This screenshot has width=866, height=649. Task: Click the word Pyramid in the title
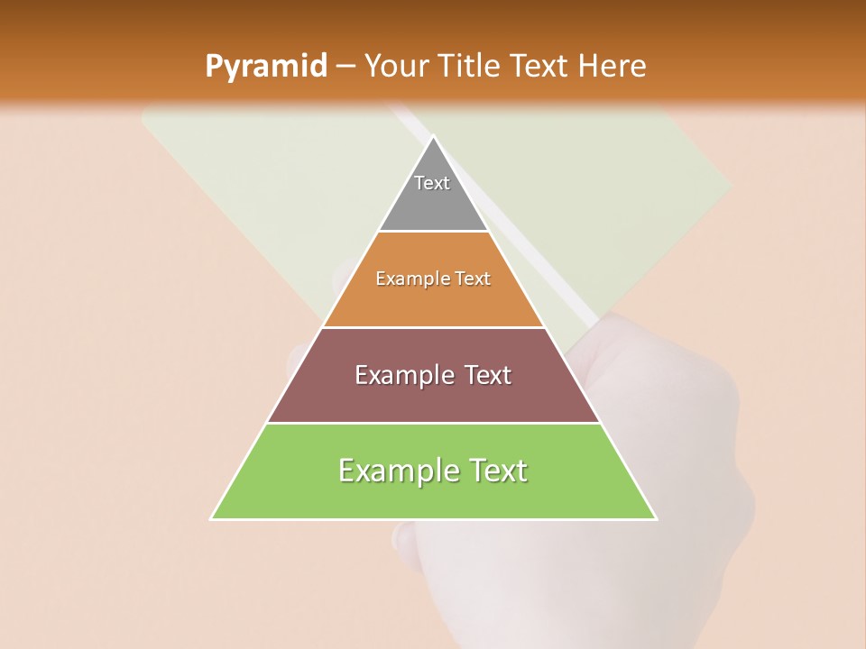click(x=265, y=67)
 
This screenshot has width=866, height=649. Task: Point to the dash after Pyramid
click(x=345, y=67)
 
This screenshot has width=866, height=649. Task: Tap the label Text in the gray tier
click(x=432, y=183)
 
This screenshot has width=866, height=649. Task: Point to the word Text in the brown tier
click(x=488, y=375)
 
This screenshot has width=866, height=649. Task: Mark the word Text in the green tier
click(x=499, y=471)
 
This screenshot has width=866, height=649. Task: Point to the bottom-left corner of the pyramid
click(x=212, y=518)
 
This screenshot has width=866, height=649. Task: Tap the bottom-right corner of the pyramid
click(x=655, y=518)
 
